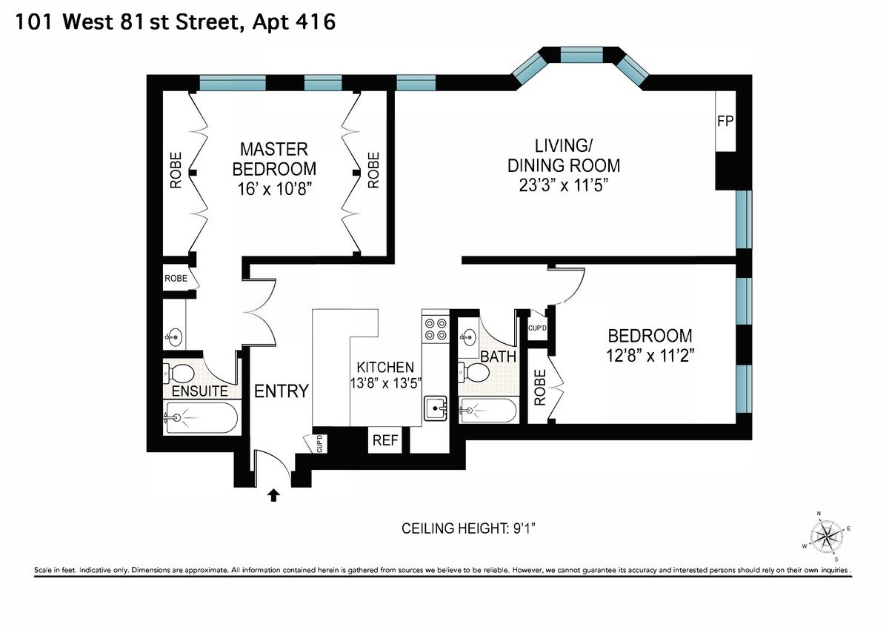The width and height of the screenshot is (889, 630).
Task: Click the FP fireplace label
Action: pyautogui.click(x=725, y=121)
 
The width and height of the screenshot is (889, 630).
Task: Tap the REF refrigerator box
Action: pyautogui.click(x=385, y=440)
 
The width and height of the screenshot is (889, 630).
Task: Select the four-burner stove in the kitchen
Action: pyautogui.click(x=436, y=330)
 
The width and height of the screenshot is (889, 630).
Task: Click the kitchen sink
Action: pyautogui.click(x=436, y=408)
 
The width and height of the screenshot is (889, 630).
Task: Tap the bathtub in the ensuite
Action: pyautogui.click(x=202, y=417)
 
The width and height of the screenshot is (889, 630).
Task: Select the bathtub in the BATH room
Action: pyautogui.click(x=487, y=410)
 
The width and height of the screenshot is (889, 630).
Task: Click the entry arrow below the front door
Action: pyautogui.click(x=273, y=495)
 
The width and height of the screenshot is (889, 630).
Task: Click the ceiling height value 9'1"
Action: pyautogui.click(x=524, y=528)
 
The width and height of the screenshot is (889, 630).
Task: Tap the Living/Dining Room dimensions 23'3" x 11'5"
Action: pyautogui.click(x=564, y=185)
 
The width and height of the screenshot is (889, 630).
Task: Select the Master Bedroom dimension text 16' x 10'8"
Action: pyautogui.click(x=274, y=189)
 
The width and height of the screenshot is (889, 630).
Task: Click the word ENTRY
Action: pyautogui.click(x=282, y=391)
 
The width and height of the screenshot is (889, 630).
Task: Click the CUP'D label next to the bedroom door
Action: pyautogui.click(x=537, y=328)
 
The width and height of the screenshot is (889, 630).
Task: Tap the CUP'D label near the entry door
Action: pyautogui.click(x=320, y=444)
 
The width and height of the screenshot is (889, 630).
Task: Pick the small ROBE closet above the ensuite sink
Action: pyautogui.click(x=176, y=278)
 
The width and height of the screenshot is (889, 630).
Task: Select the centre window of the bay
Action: pyautogui.click(x=582, y=55)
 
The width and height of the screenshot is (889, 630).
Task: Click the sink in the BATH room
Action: pyautogui.click(x=469, y=337)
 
